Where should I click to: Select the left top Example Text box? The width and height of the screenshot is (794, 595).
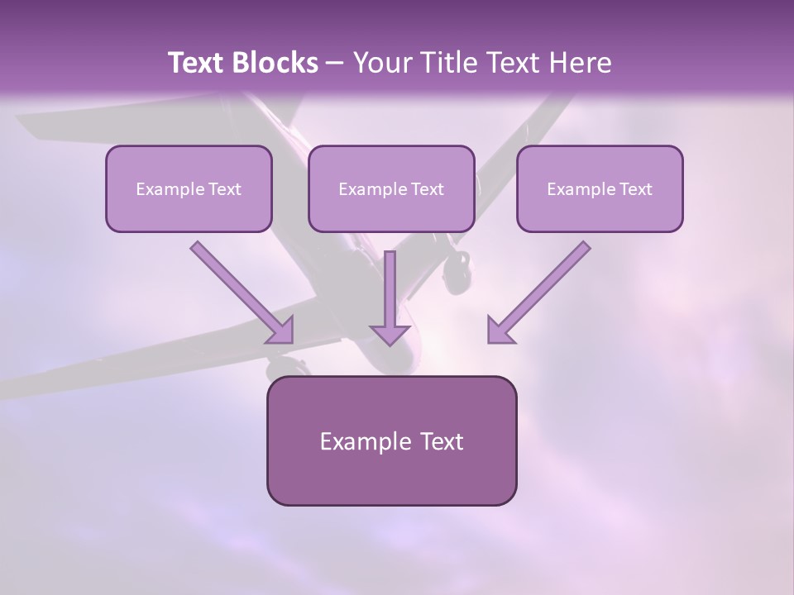coord(189,188)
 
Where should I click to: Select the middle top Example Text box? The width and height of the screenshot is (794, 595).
coord(391,188)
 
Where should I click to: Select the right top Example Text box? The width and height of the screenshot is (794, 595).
coord(600,188)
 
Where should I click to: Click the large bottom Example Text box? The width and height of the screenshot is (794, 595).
coord(391,440)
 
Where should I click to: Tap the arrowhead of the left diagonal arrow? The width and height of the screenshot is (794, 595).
coord(281,330)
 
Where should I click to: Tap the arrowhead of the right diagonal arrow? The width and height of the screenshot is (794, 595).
coord(500,330)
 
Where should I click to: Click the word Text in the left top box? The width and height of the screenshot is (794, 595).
coord(225,189)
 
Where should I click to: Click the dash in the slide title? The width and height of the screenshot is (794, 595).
coord(335,63)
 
